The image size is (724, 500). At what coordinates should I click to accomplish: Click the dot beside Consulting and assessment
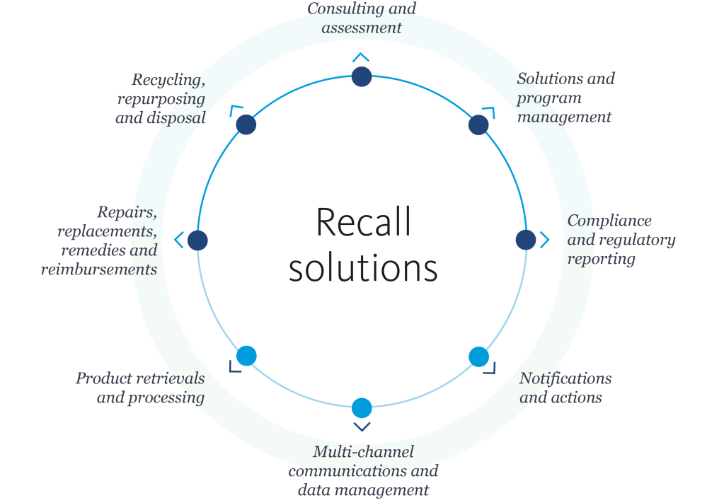click(361, 76)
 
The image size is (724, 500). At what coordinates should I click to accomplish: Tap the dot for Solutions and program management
click(478, 125)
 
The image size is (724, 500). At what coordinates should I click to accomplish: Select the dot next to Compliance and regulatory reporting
click(525, 240)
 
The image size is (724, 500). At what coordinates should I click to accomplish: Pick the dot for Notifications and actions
click(478, 356)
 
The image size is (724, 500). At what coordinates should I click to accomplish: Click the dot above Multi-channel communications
click(362, 407)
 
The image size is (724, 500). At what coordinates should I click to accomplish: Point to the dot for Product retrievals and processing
click(246, 355)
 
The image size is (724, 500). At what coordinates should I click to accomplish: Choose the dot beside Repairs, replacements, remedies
click(197, 240)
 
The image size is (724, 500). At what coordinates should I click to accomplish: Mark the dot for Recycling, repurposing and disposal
click(245, 125)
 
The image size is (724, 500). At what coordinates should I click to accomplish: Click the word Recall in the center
click(362, 222)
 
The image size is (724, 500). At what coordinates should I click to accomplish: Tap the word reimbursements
click(98, 269)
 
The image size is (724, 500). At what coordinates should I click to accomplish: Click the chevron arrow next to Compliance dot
click(544, 240)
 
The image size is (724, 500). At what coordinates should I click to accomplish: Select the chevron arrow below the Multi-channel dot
click(362, 426)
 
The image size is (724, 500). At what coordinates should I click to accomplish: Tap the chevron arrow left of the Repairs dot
click(178, 240)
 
